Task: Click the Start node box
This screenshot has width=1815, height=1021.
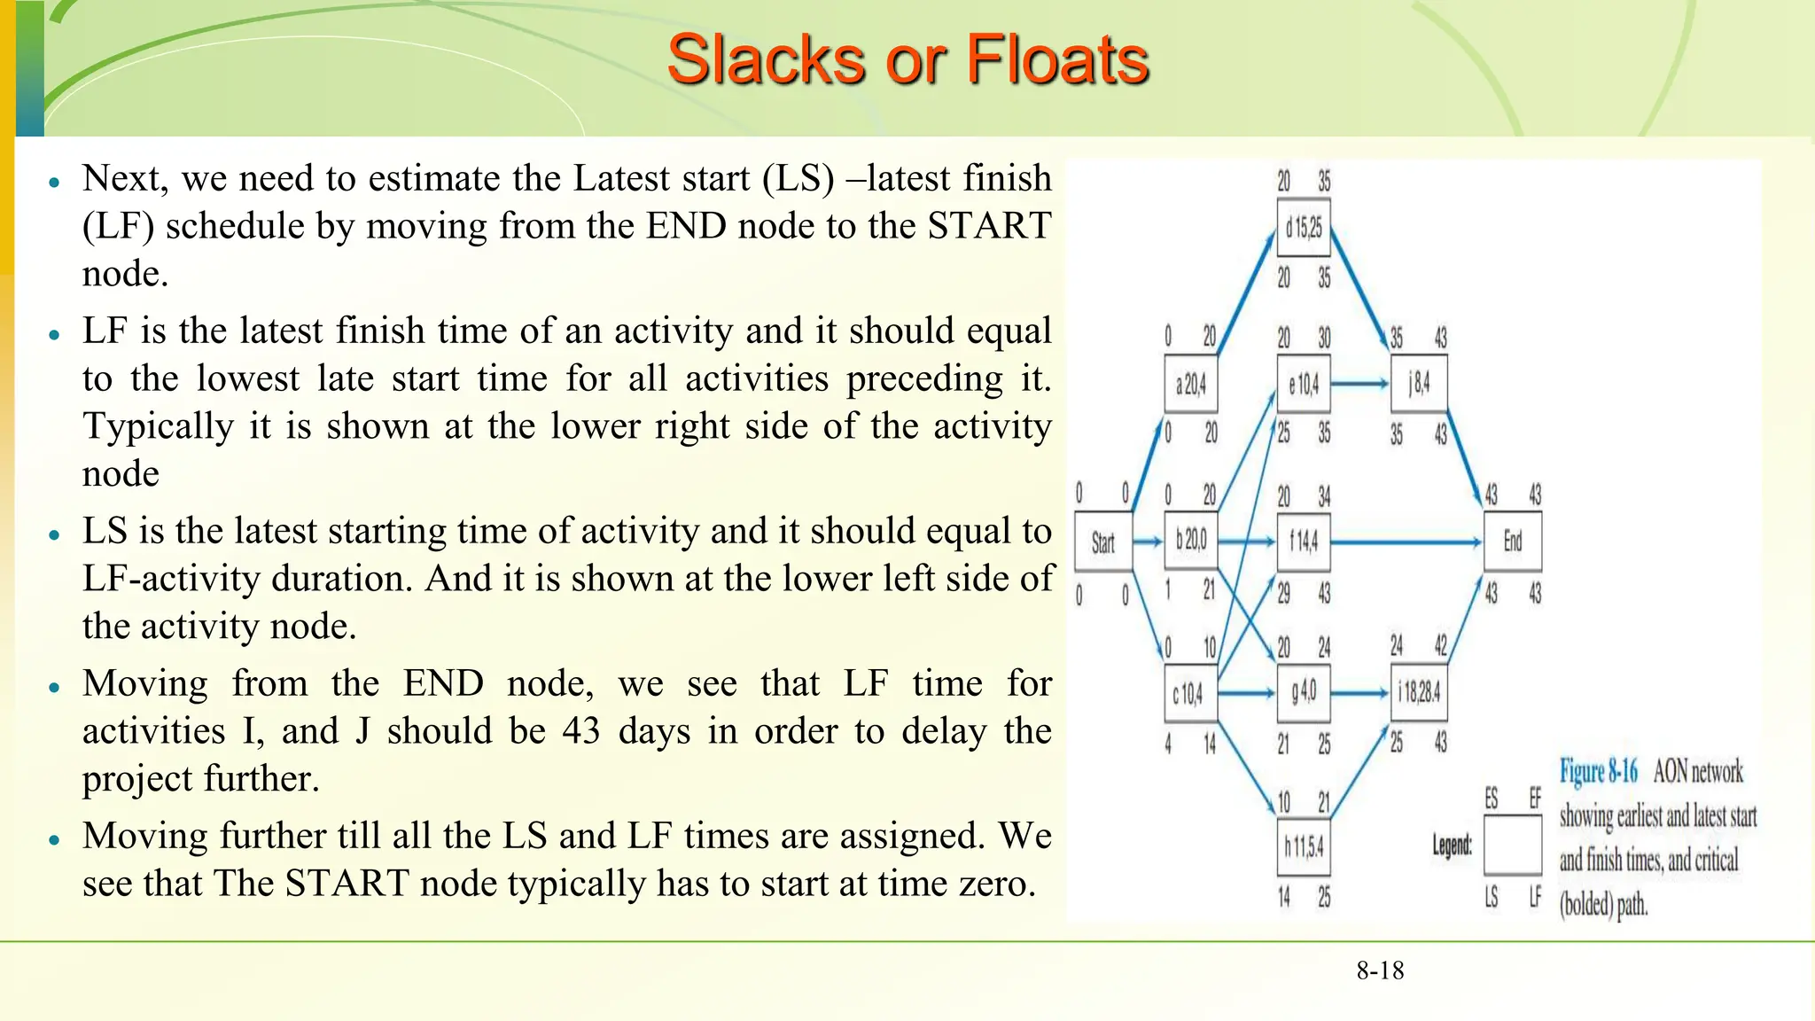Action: click(x=1102, y=542)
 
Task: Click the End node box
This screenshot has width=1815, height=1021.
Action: click(x=1512, y=542)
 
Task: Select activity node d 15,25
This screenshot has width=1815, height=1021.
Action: click(x=1303, y=229)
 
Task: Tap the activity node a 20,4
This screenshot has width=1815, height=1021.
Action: click(x=1190, y=384)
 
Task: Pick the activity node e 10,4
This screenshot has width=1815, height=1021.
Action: click(x=1303, y=384)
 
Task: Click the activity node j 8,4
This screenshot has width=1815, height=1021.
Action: click(x=1418, y=384)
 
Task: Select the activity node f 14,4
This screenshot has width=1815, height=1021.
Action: click(x=1303, y=541)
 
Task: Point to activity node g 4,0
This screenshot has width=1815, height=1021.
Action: click(x=1303, y=692)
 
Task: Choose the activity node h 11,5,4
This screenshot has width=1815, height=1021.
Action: click(x=1303, y=847)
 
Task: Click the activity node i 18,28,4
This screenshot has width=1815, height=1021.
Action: click(x=1418, y=692)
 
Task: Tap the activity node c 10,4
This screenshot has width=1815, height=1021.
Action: click(x=1189, y=692)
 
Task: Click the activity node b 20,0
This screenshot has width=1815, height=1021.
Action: click(x=1190, y=540)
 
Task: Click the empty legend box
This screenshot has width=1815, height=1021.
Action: click(x=1512, y=846)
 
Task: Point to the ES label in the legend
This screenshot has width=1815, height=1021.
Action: click(x=1492, y=799)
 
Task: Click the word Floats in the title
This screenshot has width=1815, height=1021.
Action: click(x=1056, y=60)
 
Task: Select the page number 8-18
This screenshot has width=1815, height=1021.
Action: click(x=1380, y=970)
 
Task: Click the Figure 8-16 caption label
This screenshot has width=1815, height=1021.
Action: click(x=1598, y=771)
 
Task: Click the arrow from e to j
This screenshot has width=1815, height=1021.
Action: click(x=1359, y=384)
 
